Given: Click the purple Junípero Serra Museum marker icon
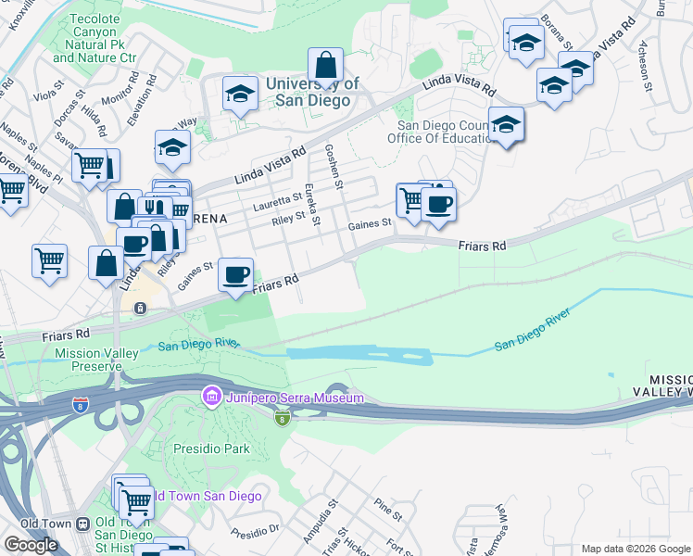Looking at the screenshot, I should tap(211, 398).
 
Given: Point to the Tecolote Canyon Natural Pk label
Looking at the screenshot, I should tap(94, 44).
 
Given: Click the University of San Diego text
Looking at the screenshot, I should tap(311, 92).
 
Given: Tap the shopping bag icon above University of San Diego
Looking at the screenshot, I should tap(325, 65).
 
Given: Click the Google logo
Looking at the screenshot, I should tap(31, 544).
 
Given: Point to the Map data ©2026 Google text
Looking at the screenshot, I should tap(636, 549).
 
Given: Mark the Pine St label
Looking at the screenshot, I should tap(387, 509).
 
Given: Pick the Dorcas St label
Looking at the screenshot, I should tap(74, 101).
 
